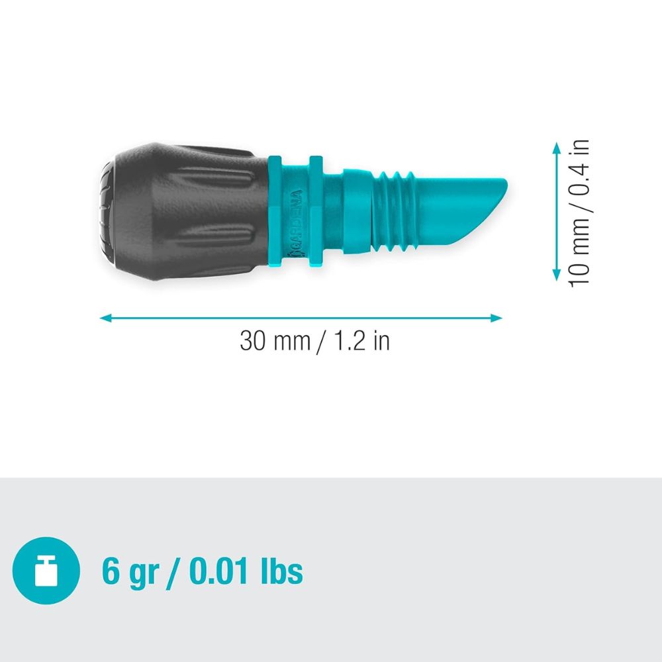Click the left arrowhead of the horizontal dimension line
105,318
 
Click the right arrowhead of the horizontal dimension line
496,318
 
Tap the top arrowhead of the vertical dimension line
557,148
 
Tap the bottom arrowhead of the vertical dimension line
557,275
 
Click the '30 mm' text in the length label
275,341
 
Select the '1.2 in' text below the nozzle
361,341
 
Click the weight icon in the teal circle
46,571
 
